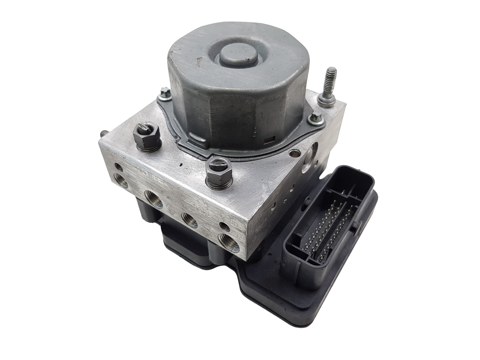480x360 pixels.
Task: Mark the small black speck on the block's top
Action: click(181, 164)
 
